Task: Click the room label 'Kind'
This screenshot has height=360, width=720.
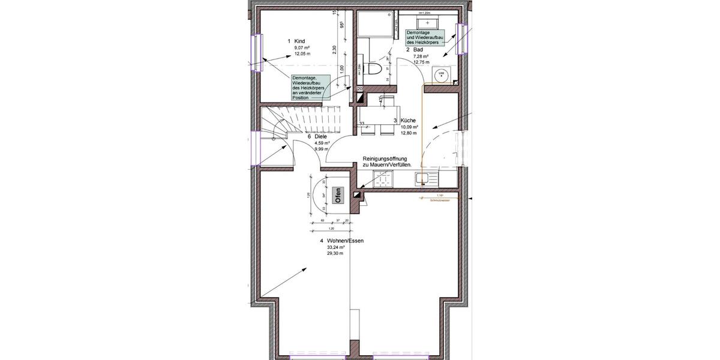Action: (x=300, y=41)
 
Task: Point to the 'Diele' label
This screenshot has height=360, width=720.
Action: (x=320, y=137)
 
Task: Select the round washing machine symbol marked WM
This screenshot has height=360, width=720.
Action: (x=441, y=74)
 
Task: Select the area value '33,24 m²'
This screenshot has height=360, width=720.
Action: (x=335, y=247)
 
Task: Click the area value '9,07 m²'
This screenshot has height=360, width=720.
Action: (x=301, y=47)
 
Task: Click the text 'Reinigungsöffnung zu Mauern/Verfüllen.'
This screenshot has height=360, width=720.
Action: (x=387, y=162)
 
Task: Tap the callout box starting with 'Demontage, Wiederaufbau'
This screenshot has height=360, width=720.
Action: (x=309, y=88)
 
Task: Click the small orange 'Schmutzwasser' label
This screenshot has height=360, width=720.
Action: (x=440, y=200)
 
